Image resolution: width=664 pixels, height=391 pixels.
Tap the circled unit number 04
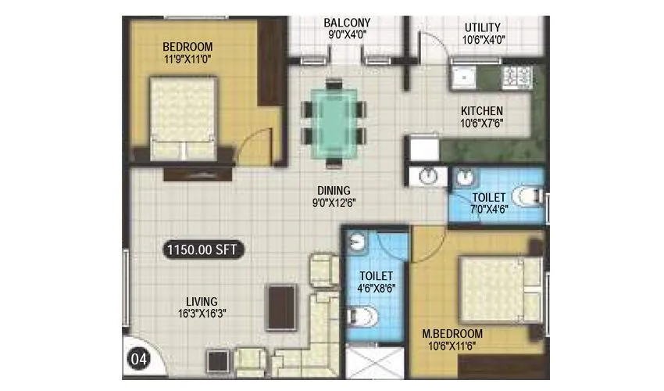pyautogui.click(x=138, y=361)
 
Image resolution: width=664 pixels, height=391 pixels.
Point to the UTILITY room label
pyautogui.click(x=482, y=27)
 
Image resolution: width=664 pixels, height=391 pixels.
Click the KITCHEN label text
pyautogui.click(x=481, y=111)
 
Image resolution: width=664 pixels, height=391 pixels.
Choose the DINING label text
pyautogui.click(x=333, y=190)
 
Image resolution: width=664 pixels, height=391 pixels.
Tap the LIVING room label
pyautogui.click(x=202, y=301)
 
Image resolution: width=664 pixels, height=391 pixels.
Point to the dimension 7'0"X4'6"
pyautogui.click(x=489, y=210)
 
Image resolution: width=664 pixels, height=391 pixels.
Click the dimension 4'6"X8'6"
pyautogui.click(x=376, y=289)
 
